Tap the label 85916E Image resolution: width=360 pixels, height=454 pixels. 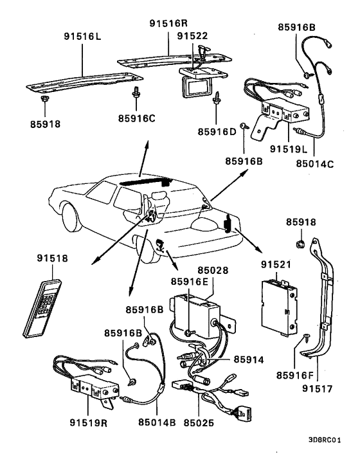190,281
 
